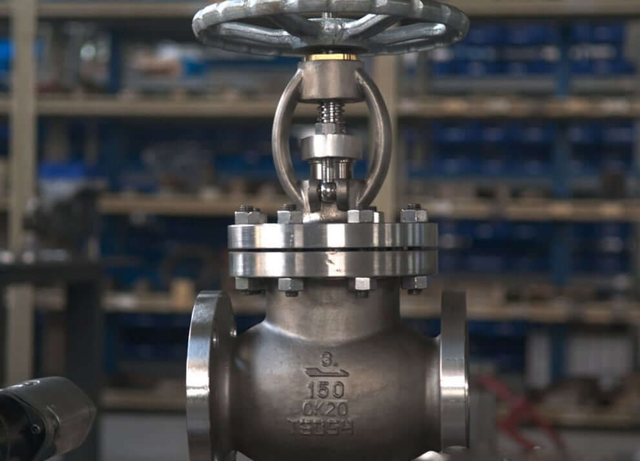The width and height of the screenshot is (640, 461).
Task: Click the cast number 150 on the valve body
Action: tap(325, 389)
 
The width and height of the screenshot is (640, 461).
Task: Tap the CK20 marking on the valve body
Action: tap(325, 408)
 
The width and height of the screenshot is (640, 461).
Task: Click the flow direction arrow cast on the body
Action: tap(326, 372)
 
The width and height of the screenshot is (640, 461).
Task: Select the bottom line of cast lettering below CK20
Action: tap(321, 427)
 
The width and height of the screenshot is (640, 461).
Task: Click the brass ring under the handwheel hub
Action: tap(331, 57)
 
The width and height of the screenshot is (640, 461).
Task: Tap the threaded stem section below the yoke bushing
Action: tap(331, 113)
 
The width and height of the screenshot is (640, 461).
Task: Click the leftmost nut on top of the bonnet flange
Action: tap(250, 215)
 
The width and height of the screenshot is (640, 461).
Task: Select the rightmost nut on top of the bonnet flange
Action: tap(413, 214)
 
